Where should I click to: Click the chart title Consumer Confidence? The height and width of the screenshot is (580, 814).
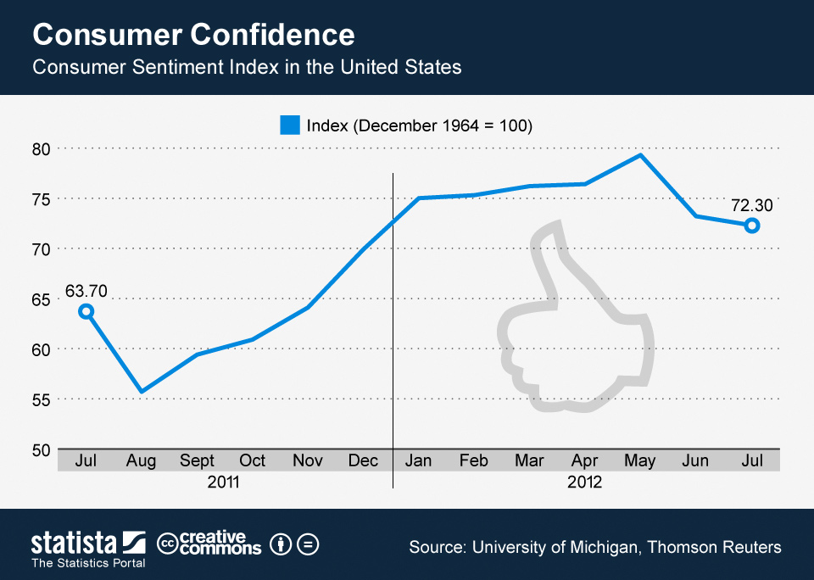click(193, 35)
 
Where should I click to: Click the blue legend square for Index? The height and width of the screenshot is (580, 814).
click(290, 125)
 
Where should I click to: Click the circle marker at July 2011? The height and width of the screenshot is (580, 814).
click(86, 311)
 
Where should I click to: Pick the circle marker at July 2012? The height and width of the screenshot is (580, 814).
click(751, 226)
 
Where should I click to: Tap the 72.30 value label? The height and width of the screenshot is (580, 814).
click(751, 205)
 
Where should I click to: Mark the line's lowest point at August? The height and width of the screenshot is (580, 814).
click(142, 391)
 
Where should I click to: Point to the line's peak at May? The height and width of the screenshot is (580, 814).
click(640, 154)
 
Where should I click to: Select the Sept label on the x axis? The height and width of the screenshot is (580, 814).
click(197, 460)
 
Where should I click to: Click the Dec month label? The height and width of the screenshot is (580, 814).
click(363, 460)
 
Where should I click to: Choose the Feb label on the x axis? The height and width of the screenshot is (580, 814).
click(474, 460)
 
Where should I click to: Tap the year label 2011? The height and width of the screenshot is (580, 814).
click(224, 482)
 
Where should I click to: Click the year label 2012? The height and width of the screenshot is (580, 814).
click(585, 482)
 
